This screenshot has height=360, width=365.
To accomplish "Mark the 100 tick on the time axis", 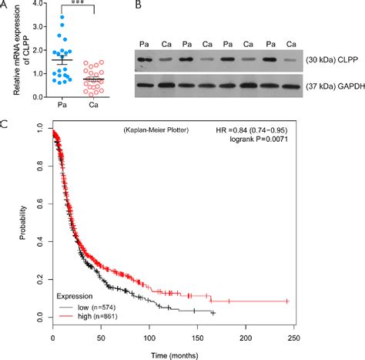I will click(x=149, y=336).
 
